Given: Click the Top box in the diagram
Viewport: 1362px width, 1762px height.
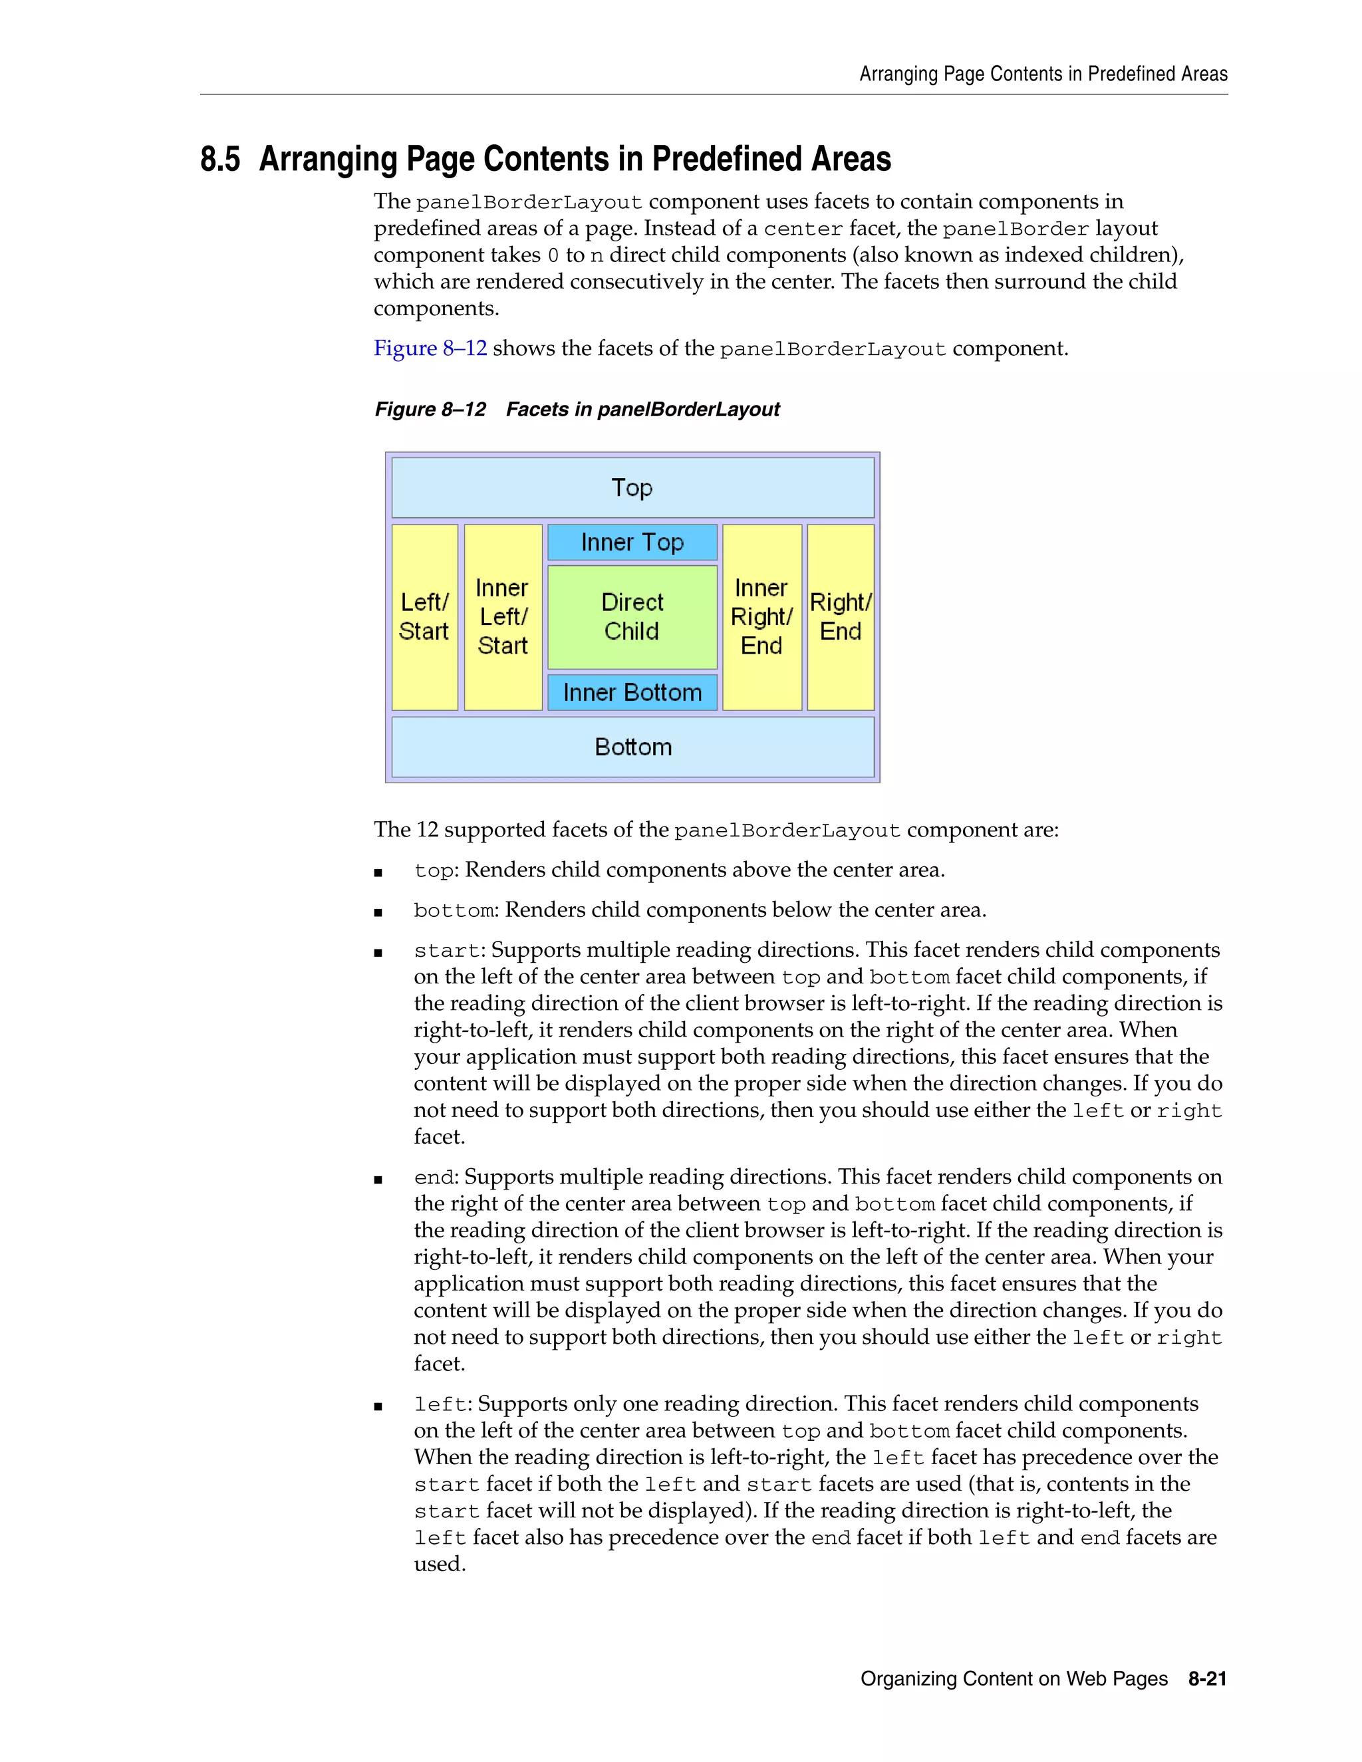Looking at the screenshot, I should [x=632, y=487].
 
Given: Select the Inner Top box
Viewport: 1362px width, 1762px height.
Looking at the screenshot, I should [x=632, y=542].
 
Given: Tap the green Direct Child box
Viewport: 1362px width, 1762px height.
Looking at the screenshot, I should [x=632, y=616].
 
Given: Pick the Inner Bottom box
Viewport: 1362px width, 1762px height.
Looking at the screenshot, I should [x=632, y=692].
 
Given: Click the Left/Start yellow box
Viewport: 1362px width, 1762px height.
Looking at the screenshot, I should [x=424, y=616].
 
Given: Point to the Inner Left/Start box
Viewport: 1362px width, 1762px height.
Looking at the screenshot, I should [x=503, y=616].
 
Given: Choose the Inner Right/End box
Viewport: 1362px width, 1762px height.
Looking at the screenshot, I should [x=761, y=616].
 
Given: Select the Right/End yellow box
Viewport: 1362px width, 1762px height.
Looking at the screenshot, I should [x=841, y=616].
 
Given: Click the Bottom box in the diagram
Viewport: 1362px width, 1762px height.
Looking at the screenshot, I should [x=632, y=747].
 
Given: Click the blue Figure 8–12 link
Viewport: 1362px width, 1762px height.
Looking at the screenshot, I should [x=430, y=348].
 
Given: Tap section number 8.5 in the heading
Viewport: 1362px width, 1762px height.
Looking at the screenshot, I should [x=220, y=159].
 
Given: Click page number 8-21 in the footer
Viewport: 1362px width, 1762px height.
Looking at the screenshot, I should [x=1207, y=1679].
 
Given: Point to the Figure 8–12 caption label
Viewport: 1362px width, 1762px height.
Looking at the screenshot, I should [x=430, y=410].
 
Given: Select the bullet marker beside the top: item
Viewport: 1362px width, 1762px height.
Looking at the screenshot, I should [x=378, y=872].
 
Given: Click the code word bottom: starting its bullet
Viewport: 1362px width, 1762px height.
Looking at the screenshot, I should [x=454, y=911].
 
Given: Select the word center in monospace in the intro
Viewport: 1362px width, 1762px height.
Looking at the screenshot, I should [x=803, y=229].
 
